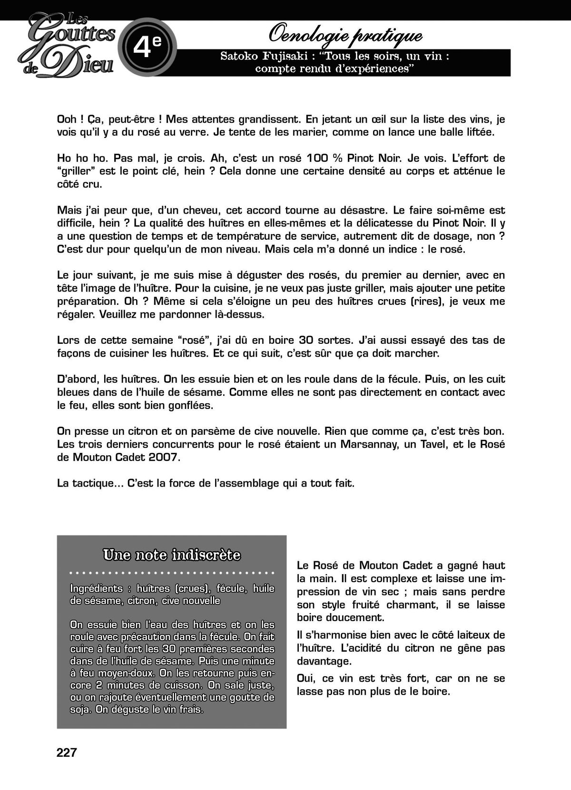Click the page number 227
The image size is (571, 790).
point(67,752)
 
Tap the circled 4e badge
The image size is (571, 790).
point(148,47)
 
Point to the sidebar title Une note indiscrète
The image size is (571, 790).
point(172,555)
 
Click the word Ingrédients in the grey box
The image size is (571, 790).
point(96,588)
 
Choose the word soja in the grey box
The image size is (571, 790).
point(80,710)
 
